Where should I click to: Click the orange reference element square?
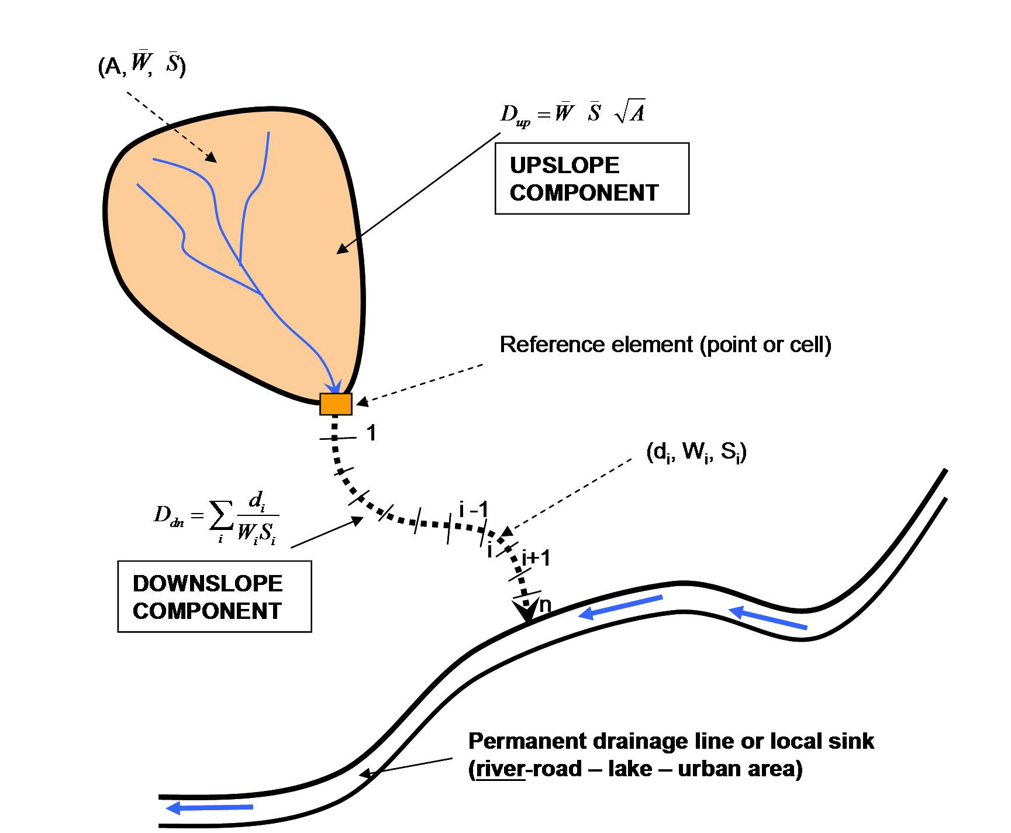tap(336, 404)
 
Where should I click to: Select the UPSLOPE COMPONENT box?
tap(591, 178)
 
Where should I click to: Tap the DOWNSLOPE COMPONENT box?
tap(214, 597)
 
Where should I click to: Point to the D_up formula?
tap(572, 112)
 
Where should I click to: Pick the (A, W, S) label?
tap(142, 64)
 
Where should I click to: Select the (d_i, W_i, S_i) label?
tap(696, 452)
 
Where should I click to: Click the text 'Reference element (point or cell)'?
tap(665, 345)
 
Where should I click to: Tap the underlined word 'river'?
tap(500, 769)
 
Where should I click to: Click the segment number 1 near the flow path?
tap(371, 433)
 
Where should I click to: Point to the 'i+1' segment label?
tap(536, 558)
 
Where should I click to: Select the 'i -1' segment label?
tap(473, 510)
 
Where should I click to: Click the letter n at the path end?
tap(545, 604)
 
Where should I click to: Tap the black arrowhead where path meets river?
tap(526, 612)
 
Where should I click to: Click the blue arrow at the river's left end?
tap(175, 808)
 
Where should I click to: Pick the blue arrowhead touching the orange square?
tap(334, 387)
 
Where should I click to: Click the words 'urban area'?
tap(739, 769)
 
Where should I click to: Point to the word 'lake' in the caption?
tap(630, 769)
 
